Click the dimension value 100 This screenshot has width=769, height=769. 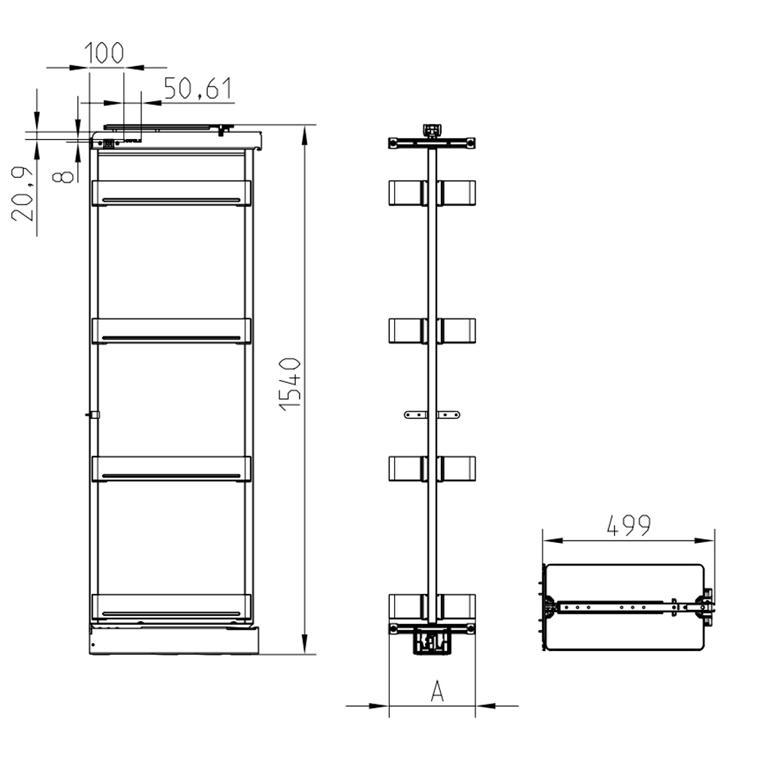[104, 53]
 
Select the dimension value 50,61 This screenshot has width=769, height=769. [198, 89]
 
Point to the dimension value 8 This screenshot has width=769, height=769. [65, 175]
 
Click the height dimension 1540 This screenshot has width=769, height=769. [291, 383]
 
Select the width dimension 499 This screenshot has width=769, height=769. [629, 526]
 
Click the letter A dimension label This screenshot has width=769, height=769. [437, 691]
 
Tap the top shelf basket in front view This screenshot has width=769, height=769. [170, 193]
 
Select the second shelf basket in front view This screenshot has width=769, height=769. [170, 331]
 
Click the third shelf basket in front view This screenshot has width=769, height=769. [170, 469]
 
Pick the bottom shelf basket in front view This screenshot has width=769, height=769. [170, 607]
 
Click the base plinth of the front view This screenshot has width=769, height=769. [173, 641]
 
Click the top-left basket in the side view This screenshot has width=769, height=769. [406, 192]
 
